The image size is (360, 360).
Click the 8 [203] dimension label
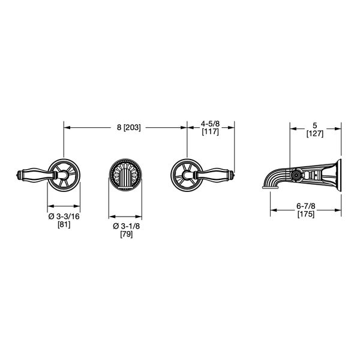[x=128, y=127]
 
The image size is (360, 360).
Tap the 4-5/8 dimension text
[x=211, y=124]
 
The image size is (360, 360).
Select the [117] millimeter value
[x=211, y=132]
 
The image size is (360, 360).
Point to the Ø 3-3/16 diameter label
[x=64, y=216]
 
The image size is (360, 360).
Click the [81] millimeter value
[x=64, y=224]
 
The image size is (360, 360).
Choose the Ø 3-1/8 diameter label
[x=126, y=226]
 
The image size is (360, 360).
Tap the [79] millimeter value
[x=126, y=234]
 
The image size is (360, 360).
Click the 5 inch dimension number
[x=315, y=125]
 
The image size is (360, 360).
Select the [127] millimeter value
[x=315, y=134]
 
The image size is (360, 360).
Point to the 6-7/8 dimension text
[x=306, y=206]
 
